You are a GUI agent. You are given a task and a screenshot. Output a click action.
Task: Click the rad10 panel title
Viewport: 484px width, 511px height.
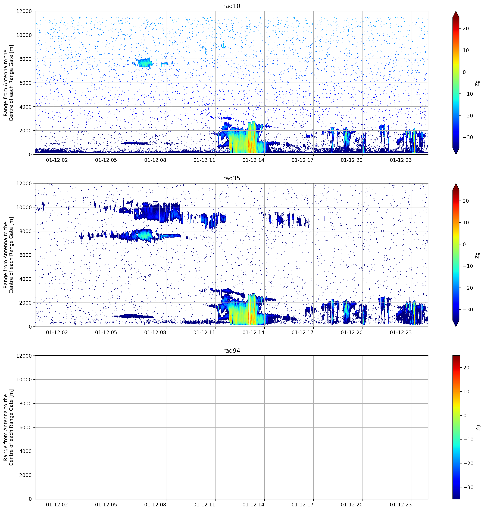tap(231, 6)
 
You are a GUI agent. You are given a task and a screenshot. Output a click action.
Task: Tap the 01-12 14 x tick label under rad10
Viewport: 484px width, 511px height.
tap(253, 160)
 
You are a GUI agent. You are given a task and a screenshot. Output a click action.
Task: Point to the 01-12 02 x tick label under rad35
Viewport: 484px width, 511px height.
tap(57, 332)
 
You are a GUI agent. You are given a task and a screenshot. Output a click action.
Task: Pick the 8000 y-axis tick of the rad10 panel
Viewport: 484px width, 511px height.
tap(25, 59)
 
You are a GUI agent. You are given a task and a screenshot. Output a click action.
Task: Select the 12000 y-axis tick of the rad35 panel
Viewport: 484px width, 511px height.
tap(24, 183)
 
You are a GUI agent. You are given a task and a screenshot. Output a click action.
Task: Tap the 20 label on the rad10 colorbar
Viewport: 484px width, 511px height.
tap(466, 29)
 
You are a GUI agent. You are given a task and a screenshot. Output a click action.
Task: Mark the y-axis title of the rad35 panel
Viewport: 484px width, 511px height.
tap(8, 255)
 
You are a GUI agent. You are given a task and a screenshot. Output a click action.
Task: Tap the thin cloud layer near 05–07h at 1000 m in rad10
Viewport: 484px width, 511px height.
tap(135, 143)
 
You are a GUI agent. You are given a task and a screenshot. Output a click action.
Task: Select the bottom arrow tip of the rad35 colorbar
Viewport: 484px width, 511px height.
tap(456, 326)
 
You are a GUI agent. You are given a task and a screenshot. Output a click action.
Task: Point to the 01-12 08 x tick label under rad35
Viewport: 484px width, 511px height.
tap(155, 332)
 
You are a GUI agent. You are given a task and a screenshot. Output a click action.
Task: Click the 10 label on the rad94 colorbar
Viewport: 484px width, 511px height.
tap(466, 391)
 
